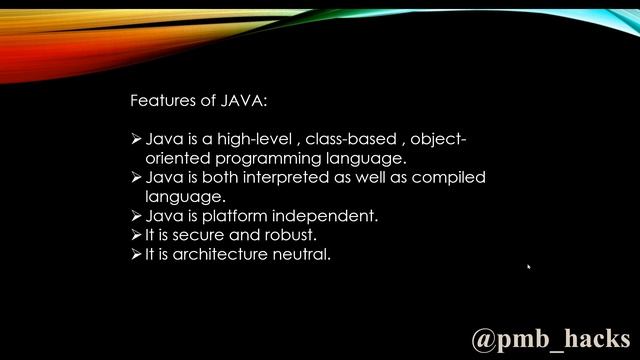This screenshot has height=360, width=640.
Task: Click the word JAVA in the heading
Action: tap(244, 101)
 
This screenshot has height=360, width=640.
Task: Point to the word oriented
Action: tap(176, 158)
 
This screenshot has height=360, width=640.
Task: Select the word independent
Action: tap(328, 216)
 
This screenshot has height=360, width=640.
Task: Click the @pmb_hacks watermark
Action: tap(550, 338)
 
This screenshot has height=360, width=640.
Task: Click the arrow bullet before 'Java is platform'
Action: tap(137, 216)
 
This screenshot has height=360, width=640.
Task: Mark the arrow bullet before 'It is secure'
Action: tap(137, 235)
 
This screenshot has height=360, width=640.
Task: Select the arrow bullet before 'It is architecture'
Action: tap(137, 254)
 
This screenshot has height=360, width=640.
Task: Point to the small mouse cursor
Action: tap(528, 267)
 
